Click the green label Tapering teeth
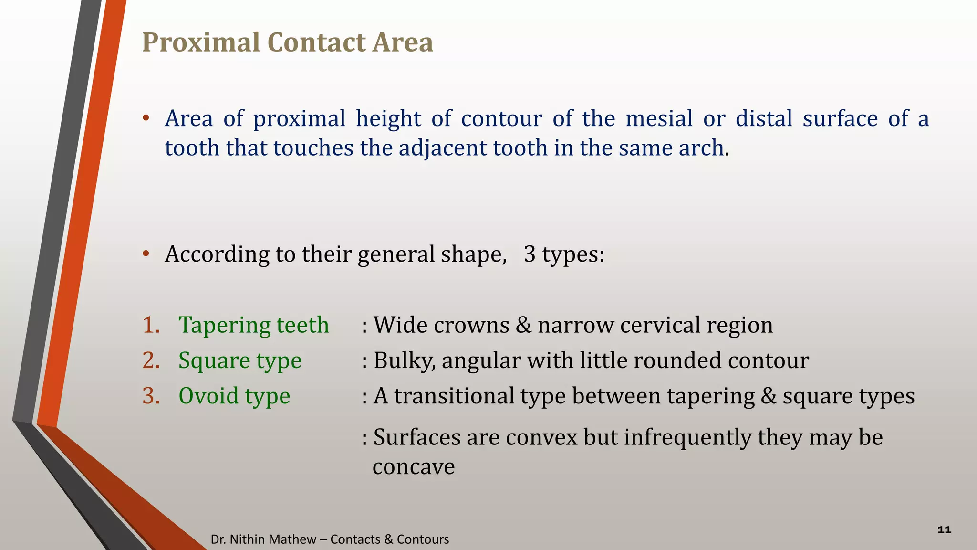click(253, 325)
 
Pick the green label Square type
click(239, 360)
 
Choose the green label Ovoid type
click(234, 396)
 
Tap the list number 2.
click(151, 360)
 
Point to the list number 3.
click(151, 396)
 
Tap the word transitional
click(453, 396)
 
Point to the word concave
click(413, 467)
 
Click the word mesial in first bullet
click(658, 118)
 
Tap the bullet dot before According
click(146, 254)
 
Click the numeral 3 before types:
click(529, 254)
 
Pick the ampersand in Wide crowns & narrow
click(523, 325)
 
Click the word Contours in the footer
click(423, 539)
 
